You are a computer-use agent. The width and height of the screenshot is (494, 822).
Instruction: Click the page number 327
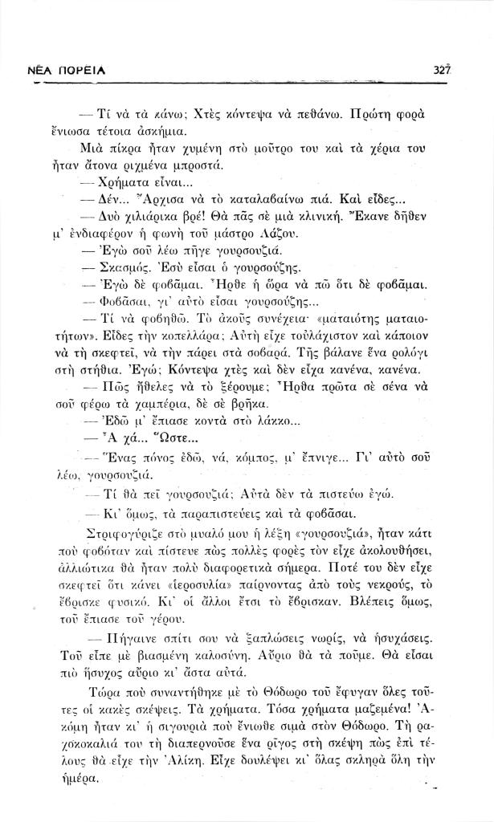pos(439,71)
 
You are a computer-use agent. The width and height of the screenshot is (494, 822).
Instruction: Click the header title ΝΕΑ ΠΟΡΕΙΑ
pos(61,72)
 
